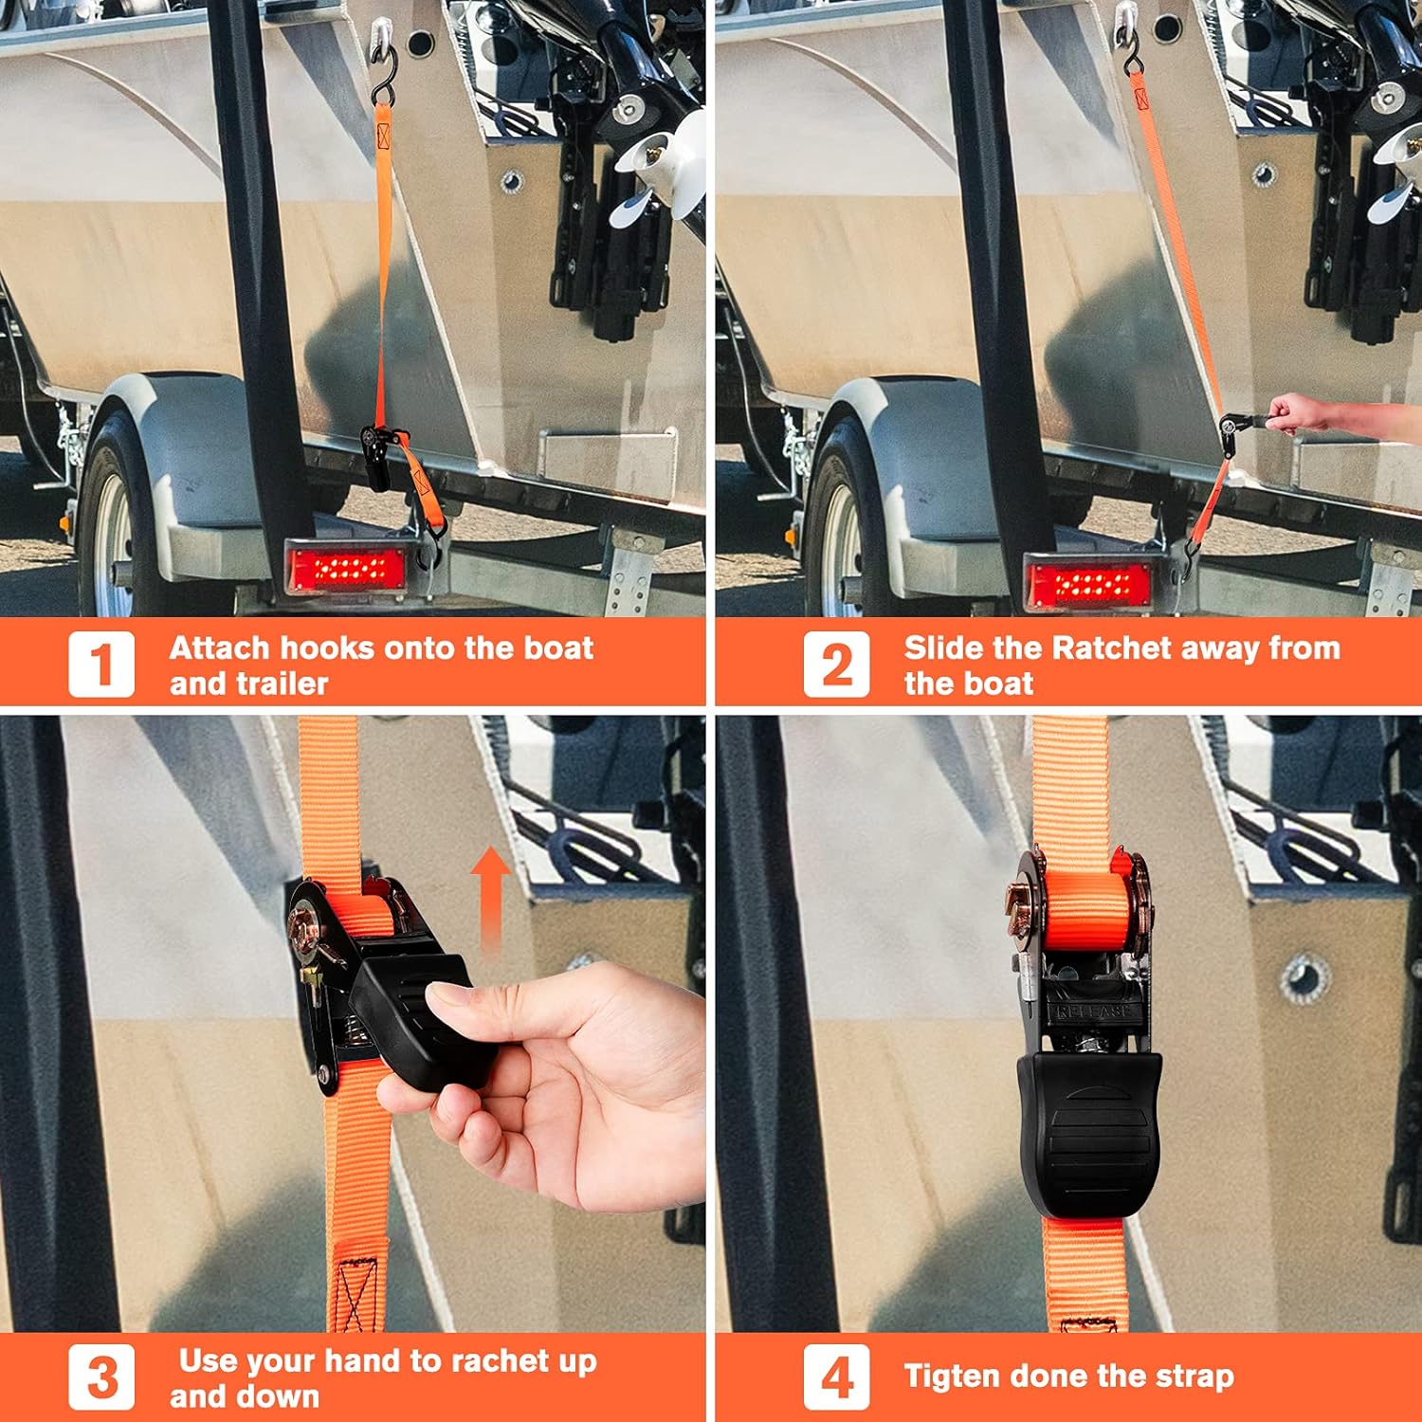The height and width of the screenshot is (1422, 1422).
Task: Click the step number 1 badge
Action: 101,665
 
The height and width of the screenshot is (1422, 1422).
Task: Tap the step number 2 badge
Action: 836,665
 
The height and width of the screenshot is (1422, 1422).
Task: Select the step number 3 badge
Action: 101,1377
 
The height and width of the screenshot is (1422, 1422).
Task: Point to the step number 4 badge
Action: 836,1377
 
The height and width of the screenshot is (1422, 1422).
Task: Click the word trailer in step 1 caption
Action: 281,684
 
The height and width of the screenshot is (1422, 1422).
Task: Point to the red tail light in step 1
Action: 347,569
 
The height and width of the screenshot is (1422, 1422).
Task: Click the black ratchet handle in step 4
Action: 1090,1128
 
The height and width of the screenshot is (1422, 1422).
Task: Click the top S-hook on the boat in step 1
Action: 384,76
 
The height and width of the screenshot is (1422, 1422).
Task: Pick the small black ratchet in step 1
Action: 377,455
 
